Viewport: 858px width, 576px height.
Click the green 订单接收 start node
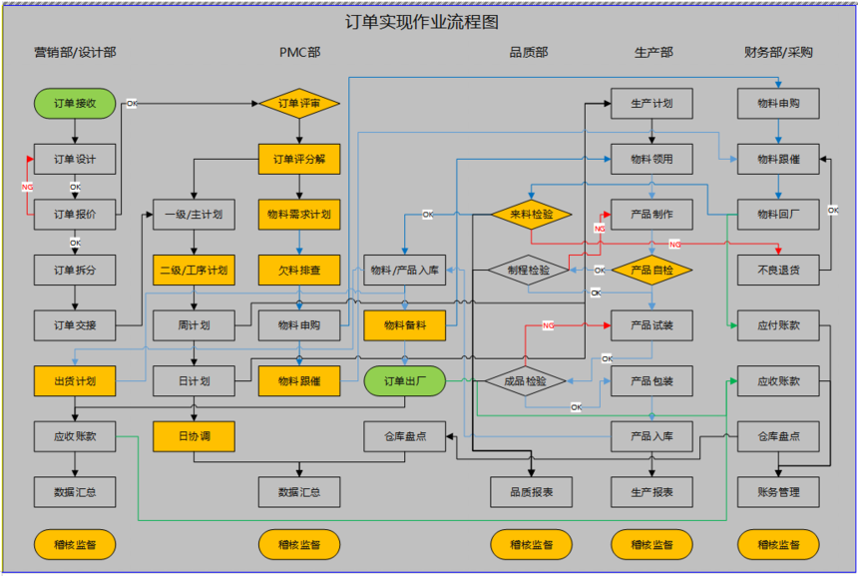click(x=75, y=103)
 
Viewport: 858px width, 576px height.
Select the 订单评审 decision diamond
click(x=299, y=103)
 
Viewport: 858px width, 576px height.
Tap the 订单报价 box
click(x=75, y=214)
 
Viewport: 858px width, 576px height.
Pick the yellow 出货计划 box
click(x=75, y=380)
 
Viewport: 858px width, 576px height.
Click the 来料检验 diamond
click(x=530, y=214)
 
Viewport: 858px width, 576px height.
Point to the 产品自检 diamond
click(x=651, y=270)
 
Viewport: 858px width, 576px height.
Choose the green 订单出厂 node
click(x=404, y=380)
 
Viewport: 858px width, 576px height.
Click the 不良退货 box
click(x=778, y=270)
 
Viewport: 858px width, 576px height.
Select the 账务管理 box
click(x=778, y=491)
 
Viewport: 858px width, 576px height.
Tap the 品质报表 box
click(x=530, y=491)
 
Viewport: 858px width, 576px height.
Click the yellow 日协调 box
click(x=194, y=436)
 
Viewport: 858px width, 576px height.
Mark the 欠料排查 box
click(x=299, y=270)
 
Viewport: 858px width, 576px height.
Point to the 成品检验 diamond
click(x=525, y=380)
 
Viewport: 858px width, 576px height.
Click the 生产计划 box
click(x=651, y=103)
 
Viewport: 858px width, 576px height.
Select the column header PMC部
click(x=299, y=52)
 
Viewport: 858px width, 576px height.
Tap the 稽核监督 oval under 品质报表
click(x=530, y=545)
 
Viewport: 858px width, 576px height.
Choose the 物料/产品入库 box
click(x=404, y=270)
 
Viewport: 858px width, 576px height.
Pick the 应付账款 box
click(x=778, y=324)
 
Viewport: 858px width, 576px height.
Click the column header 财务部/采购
click(x=778, y=52)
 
